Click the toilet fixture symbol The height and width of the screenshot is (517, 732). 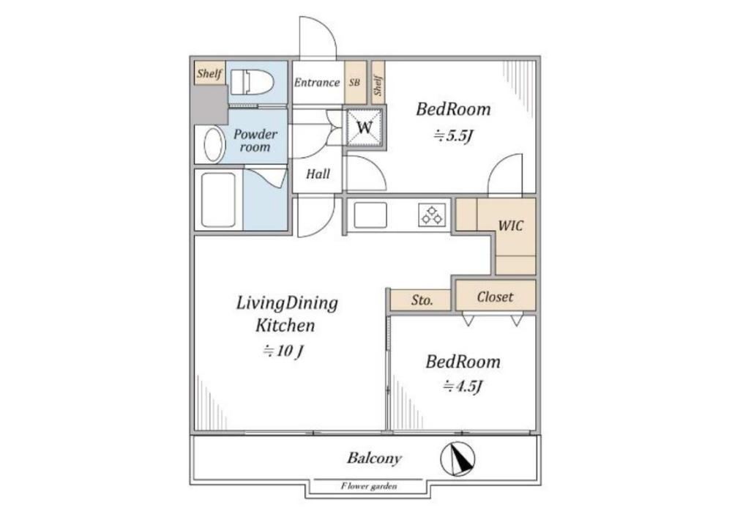click(252, 82)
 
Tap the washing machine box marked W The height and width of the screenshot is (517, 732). click(365, 127)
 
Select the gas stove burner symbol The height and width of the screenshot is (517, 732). click(432, 215)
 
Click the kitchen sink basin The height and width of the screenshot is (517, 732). click(370, 215)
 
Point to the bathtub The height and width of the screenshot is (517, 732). click(218, 200)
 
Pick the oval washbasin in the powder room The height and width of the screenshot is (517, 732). click(214, 144)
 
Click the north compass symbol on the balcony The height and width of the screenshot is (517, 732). click(458, 458)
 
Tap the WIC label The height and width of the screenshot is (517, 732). click(510, 226)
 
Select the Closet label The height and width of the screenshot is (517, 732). click(495, 297)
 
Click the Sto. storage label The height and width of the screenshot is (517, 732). click(422, 300)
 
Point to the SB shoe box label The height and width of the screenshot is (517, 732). click(355, 82)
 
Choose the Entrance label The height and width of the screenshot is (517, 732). click(316, 83)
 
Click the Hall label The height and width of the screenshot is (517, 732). click(318, 174)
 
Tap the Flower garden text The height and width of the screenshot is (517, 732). click(369, 486)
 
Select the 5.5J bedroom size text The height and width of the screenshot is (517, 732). click(454, 136)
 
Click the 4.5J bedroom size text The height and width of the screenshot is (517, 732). click(462, 387)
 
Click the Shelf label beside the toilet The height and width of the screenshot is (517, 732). click(209, 73)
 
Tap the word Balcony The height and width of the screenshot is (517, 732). click(374, 458)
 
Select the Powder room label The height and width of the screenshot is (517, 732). click(255, 141)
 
